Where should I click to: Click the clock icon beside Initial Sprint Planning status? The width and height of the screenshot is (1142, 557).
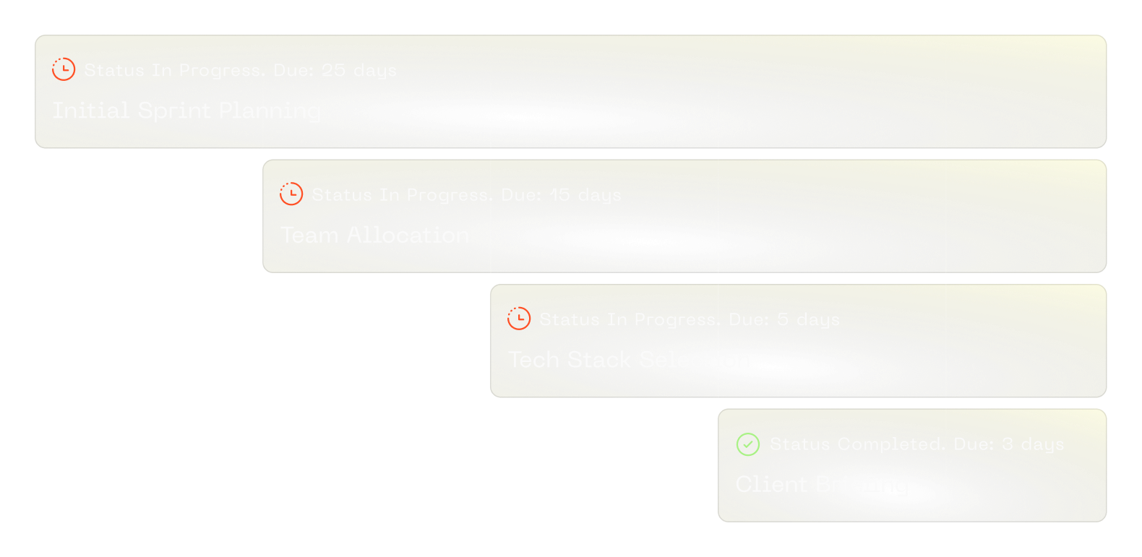[x=64, y=69]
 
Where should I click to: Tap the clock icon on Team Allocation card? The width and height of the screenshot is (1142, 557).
[x=291, y=194]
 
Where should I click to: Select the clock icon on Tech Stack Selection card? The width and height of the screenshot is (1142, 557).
[x=519, y=319]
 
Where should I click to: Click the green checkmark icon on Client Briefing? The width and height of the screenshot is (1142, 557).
[x=747, y=444]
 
